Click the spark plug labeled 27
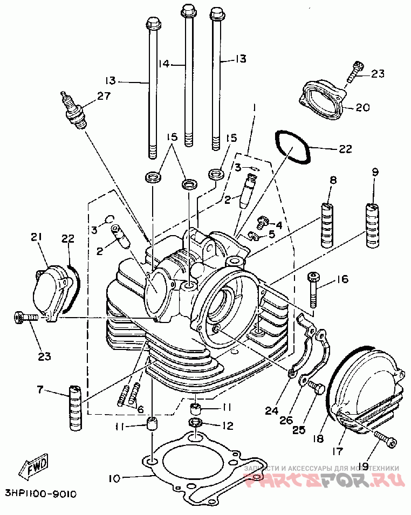[74, 110]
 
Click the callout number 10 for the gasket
[117, 477]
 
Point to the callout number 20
[362, 107]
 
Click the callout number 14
[164, 64]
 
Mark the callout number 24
[272, 411]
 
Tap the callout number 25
[299, 430]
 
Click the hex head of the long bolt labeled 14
[188, 9]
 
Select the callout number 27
[102, 95]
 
